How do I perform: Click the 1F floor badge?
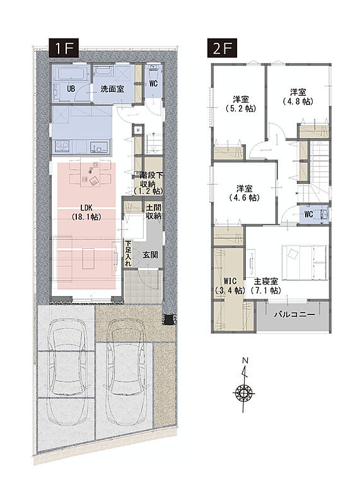(64, 49)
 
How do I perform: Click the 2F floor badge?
(223, 49)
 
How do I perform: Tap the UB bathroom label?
(71, 88)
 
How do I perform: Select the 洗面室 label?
(112, 89)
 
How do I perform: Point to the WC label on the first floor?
(153, 83)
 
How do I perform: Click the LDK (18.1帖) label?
(86, 212)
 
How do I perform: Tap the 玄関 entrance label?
(150, 255)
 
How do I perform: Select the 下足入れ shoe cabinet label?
(128, 254)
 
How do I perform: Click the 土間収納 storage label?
(154, 212)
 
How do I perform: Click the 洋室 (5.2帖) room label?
(241, 104)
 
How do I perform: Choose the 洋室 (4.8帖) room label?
(298, 96)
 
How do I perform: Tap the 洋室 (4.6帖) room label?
(245, 193)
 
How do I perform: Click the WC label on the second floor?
(308, 214)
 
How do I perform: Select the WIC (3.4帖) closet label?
(229, 285)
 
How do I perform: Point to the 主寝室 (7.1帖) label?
(265, 285)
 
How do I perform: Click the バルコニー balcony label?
(294, 314)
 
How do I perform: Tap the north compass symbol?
(245, 384)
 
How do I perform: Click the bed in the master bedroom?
(305, 262)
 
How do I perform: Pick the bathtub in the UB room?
(73, 74)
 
